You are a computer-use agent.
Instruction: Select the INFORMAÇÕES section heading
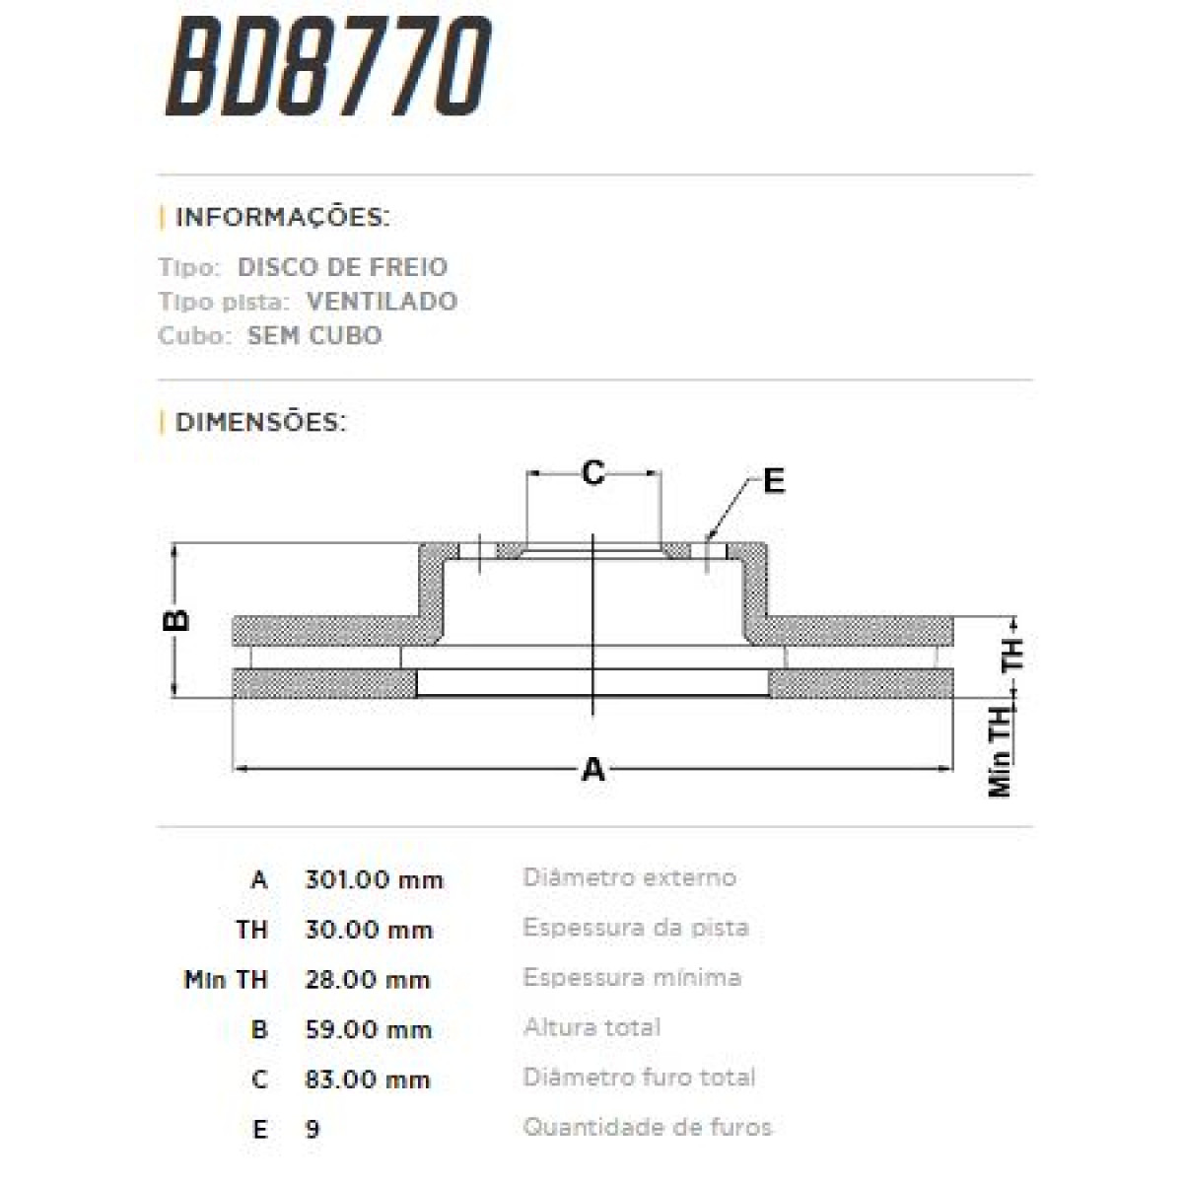(282, 218)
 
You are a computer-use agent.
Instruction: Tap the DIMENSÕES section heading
(260, 423)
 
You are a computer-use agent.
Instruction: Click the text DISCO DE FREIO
(342, 267)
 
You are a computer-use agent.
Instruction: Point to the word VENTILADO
(382, 302)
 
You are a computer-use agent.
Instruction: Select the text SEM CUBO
(314, 336)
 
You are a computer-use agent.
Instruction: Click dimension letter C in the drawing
(592, 473)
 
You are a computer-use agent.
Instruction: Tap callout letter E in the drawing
(774, 481)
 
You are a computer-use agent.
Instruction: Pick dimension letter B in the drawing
(176, 619)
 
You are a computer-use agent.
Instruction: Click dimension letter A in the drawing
(592, 769)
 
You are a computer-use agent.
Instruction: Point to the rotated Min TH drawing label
(1002, 752)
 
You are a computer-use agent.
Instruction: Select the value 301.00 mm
(375, 879)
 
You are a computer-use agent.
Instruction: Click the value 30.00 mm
(369, 930)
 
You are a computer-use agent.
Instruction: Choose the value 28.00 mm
(368, 980)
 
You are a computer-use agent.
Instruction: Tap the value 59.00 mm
(368, 1030)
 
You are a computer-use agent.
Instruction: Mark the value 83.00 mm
(368, 1080)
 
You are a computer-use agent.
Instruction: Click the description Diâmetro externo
(629, 877)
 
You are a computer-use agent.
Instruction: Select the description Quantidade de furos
(647, 1127)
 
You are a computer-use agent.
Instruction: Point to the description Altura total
(591, 1027)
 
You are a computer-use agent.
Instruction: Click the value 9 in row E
(313, 1130)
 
